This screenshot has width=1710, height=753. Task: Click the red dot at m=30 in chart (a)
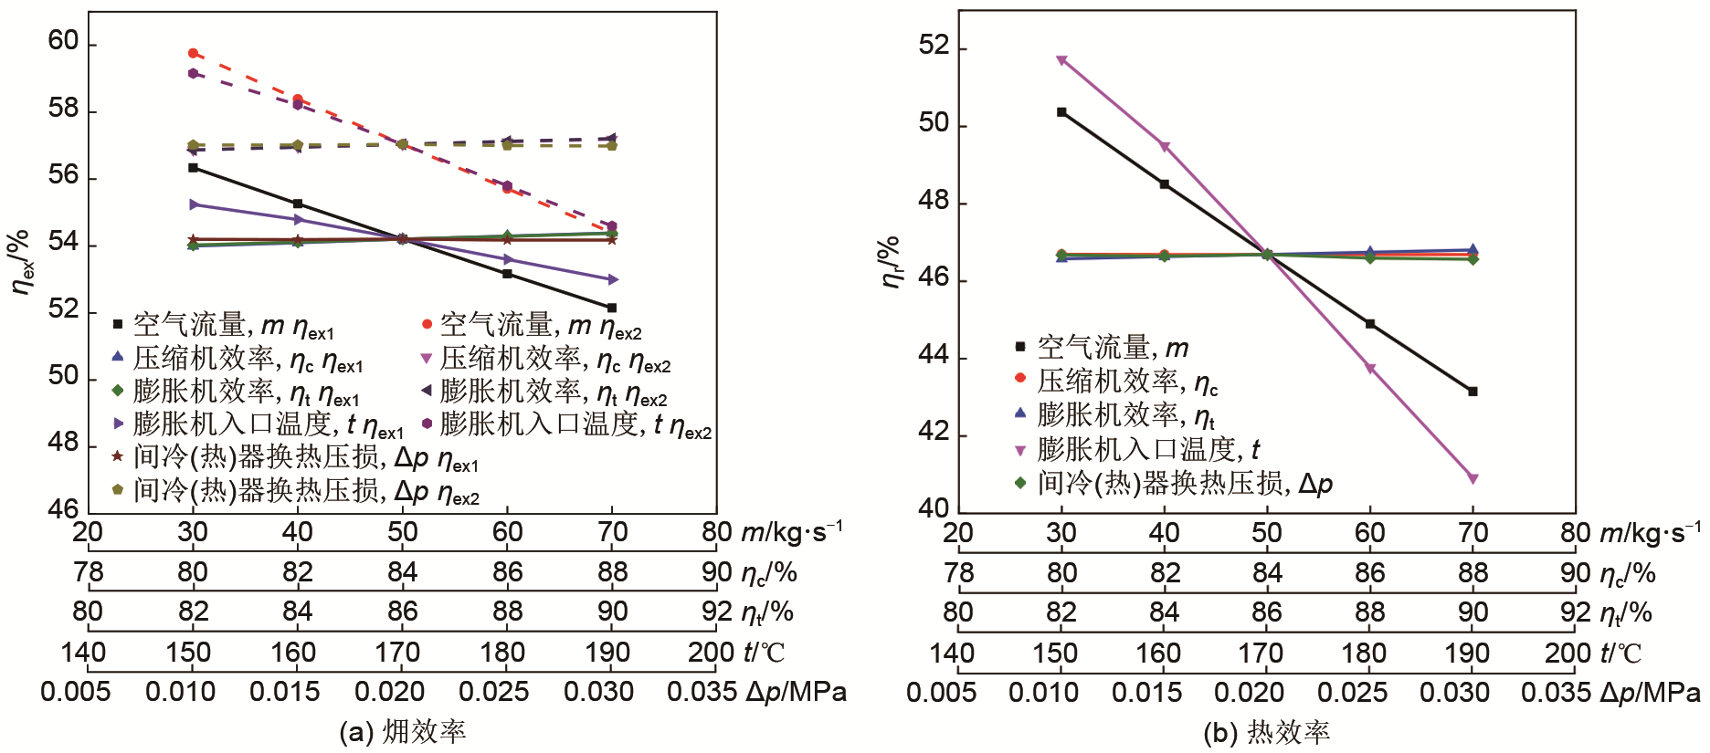193,53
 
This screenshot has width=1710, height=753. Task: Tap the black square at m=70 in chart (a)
612,308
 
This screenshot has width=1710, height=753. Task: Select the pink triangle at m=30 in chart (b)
1061,60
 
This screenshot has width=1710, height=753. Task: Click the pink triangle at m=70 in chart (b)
1472,478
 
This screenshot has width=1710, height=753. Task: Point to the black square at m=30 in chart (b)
1061,112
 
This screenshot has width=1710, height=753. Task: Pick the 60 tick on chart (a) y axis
63,42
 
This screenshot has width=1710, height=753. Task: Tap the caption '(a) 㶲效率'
402,732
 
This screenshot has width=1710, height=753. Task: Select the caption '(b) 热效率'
1266,732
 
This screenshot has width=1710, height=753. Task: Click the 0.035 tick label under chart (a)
702,692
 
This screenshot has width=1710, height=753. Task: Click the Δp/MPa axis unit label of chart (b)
1650,693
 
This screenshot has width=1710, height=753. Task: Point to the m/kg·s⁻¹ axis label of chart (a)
791,532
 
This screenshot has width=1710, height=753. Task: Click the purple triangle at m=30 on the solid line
193,204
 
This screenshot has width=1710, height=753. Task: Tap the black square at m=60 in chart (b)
1369,324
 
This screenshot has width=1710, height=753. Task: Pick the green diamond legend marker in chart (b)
1020,482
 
